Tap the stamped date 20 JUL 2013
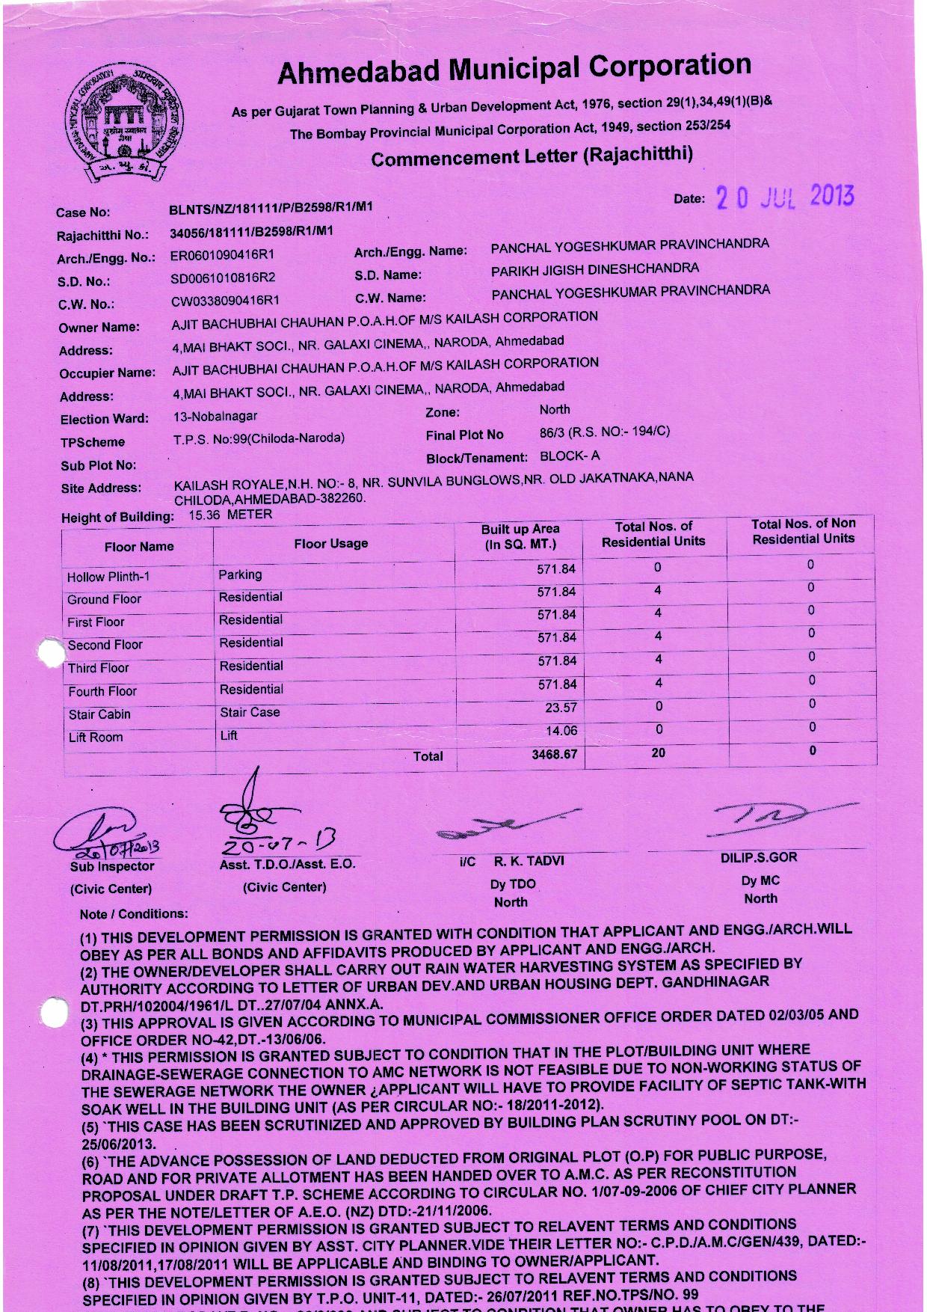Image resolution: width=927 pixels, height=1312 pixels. (784, 197)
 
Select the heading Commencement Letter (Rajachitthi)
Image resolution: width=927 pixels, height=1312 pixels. (532, 156)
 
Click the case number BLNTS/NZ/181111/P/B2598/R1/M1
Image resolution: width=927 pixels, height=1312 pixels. (271, 208)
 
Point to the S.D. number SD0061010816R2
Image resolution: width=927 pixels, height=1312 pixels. (223, 278)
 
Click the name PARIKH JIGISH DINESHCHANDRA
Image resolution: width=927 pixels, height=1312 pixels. (595, 269)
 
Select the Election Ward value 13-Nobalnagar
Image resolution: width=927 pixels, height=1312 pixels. (215, 416)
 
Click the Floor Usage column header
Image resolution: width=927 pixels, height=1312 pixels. (331, 544)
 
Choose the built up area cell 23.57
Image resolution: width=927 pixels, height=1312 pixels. (561, 708)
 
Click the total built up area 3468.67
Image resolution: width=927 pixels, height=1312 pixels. (554, 754)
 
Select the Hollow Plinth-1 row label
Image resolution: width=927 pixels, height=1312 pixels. (108, 577)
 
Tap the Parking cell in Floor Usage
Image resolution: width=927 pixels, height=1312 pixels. (240, 574)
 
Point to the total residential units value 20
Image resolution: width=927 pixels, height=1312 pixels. (658, 752)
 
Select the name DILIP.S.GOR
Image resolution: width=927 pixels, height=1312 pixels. (759, 857)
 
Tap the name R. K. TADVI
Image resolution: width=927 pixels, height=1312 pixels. (529, 861)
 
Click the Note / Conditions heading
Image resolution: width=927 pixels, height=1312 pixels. (134, 913)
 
